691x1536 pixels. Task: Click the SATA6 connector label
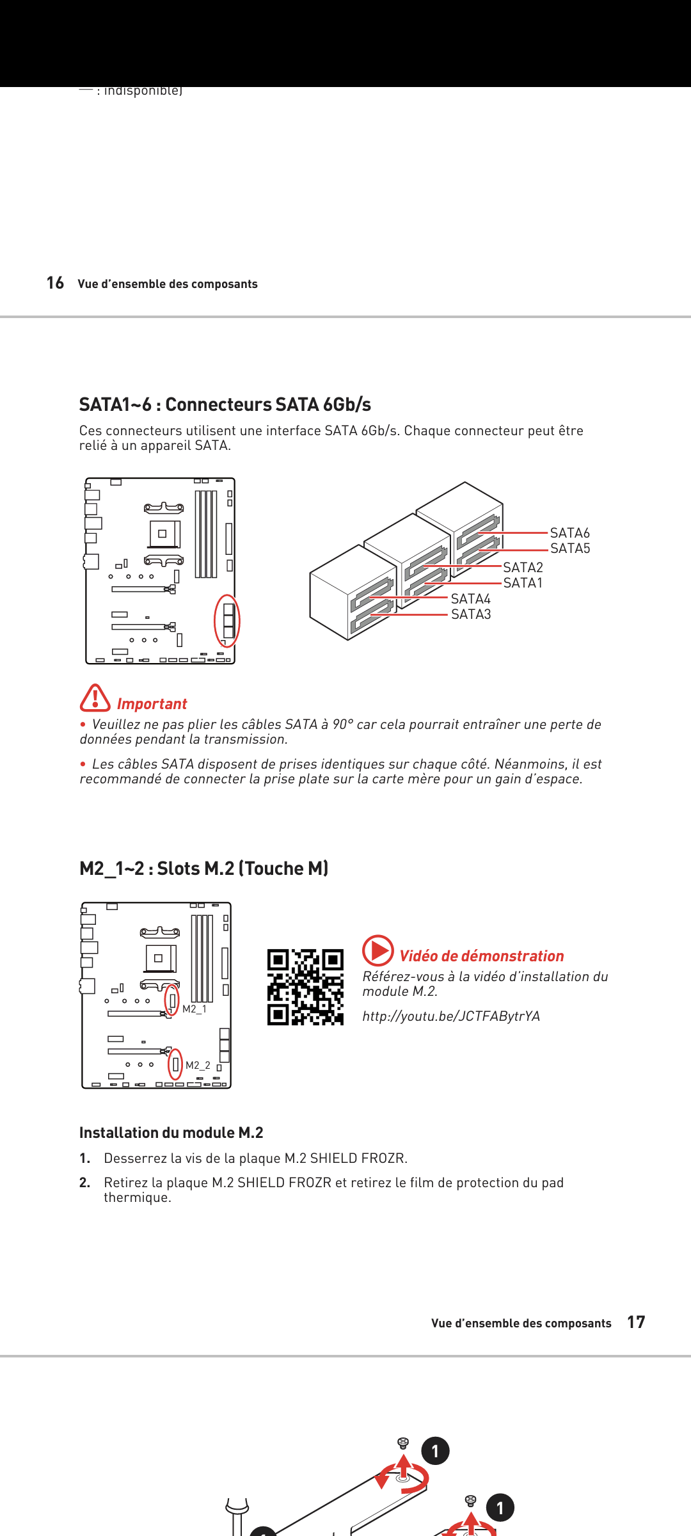point(569,533)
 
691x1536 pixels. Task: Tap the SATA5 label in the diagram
point(570,548)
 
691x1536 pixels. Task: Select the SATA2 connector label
point(523,568)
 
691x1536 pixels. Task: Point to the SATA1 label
point(523,583)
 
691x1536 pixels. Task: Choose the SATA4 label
point(471,599)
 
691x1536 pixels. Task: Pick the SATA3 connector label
point(471,614)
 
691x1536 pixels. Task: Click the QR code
point(305,987)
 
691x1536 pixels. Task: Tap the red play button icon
point(378,950)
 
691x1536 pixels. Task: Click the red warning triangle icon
point(95,698)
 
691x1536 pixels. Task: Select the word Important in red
point(152,704)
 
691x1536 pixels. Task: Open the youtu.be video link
point(451,1016)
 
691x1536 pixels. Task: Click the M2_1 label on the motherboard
point(195,1009)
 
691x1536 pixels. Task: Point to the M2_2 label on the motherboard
point(198,1066)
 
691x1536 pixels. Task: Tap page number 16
point(55,283)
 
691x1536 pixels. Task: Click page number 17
point(636,1322)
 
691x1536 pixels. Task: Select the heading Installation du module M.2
point(171,1133)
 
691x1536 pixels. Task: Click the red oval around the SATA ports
point(226,621)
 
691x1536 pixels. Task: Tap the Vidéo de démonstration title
point(481,956)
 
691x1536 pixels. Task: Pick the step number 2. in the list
point(85,1183)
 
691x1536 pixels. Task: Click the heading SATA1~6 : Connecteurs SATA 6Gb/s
point(225,404)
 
